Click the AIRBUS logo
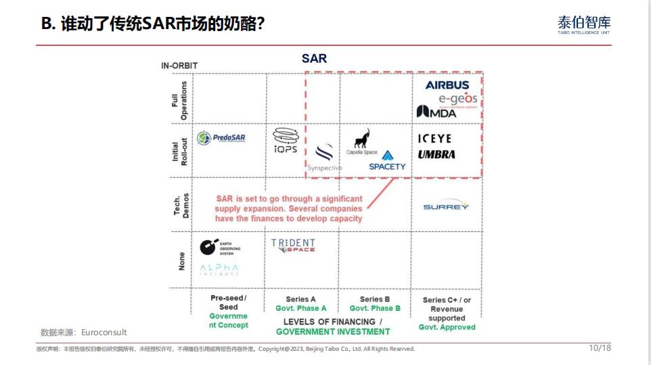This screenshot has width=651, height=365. click(447, 85)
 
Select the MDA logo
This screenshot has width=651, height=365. click(436, 112)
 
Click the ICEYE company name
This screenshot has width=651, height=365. click(434, 139)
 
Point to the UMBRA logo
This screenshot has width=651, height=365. click(436, 154)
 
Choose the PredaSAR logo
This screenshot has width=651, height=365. click(221, 138)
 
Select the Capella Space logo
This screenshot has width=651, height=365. click(362, 142)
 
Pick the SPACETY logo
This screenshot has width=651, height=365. click(387, 162)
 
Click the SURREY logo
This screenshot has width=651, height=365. click(446, 207)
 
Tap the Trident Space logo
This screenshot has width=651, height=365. click(293, 245)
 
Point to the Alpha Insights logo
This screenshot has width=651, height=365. click(219, 270)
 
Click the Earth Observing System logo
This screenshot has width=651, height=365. click(220, 247)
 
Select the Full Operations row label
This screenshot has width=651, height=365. click(179, 100)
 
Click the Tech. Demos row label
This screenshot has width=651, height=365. click(181, 204)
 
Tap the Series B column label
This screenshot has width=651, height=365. click(376, 299)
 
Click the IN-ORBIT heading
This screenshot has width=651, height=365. click(179, 66)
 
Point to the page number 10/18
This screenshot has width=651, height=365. click(600, 348)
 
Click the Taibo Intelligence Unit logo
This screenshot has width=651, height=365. click(583, 26)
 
